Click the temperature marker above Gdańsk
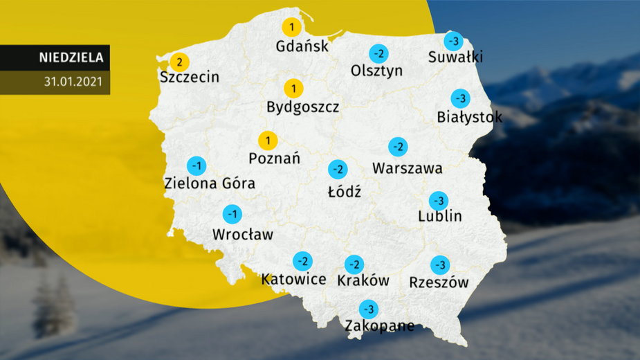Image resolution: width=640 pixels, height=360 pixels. [x=291, y=28]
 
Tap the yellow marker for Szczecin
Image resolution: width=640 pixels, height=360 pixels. [x=179, y=62]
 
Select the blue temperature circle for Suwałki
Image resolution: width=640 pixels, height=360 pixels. [x=453, y=40]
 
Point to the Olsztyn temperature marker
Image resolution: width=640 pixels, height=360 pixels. [x=378, y=53]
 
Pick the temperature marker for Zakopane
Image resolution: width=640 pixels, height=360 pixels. [x=368, y=309]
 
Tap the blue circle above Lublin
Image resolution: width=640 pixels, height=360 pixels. [x=438, y=201]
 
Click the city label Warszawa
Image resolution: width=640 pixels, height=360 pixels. [x=407, y=168]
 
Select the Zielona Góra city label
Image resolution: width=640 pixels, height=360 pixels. [x=210, y=183]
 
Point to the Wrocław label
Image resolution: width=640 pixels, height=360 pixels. [x=244, y=234]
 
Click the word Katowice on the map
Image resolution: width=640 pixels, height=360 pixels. [x=293, y=279]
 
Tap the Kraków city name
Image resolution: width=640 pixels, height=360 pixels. [x=363, y=280]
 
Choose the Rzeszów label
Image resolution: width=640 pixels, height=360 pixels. [x=439, y=282]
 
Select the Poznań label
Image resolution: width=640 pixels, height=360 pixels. [x=274, y=158]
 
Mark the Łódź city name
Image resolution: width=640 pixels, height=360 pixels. [x=344, y=190]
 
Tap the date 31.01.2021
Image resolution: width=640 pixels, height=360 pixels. [x=73, y=82]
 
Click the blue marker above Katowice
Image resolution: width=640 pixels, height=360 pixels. [x=302, y=261]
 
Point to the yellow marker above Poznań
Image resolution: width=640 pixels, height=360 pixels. [x=268, y=140]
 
